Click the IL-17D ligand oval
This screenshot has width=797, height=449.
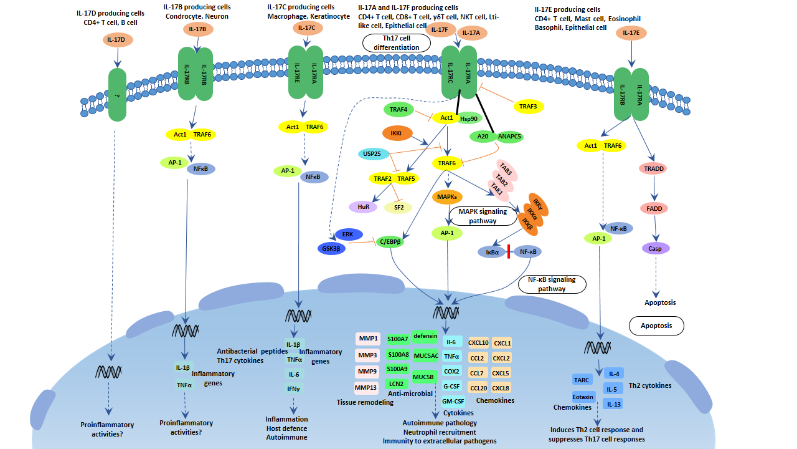pos(116,39)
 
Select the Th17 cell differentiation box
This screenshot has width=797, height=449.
pos(397,43)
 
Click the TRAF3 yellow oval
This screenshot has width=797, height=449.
pos(528,107)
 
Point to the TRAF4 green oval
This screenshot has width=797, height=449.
pos(398,110)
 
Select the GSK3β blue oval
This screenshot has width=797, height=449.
pos(330,248)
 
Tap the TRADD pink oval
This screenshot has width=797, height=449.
pos(653,168)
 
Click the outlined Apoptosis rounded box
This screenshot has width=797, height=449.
pos(656,326)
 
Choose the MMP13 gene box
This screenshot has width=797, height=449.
pos(365,388)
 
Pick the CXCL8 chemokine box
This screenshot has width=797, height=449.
pos(501,389)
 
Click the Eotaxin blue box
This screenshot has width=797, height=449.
pos(583,396)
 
